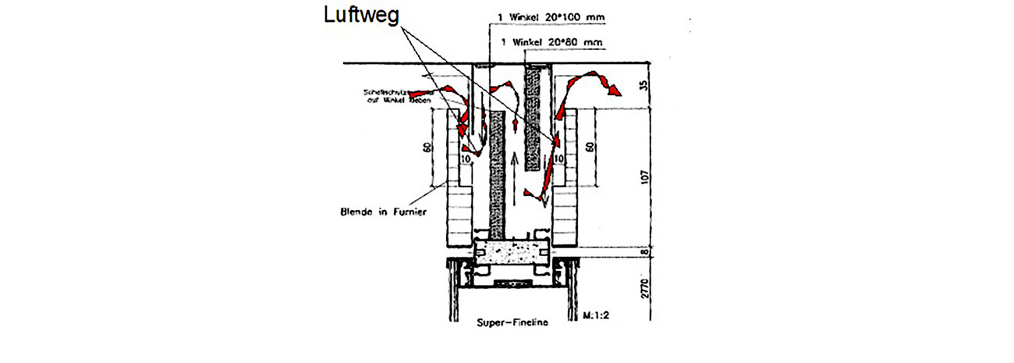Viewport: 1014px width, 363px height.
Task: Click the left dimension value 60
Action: tap(427, 148)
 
